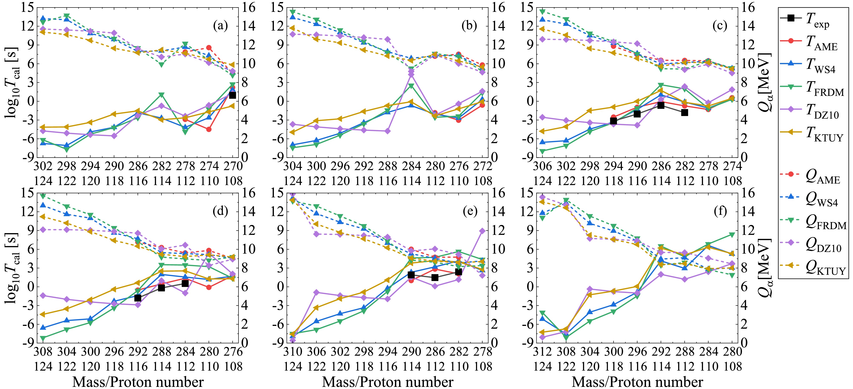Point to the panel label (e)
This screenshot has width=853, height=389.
click(x=470, y=212)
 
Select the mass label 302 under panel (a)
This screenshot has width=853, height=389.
click(x=43, y=166)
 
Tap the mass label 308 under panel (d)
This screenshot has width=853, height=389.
click(x=43, y=351)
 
